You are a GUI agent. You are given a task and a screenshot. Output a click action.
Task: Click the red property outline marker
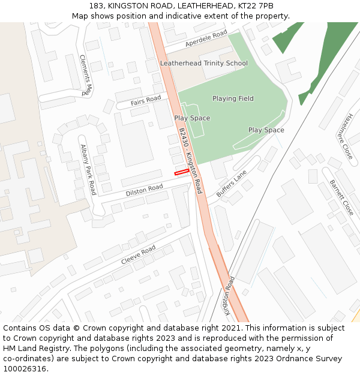click(181, 172)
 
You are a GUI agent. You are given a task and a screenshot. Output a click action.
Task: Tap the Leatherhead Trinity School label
click(203, 63)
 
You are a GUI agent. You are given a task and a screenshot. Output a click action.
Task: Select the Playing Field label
click(233, 98)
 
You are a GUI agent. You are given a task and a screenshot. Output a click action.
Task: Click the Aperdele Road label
click(206, 38)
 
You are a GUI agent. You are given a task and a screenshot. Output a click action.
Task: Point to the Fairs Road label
click(146, 101)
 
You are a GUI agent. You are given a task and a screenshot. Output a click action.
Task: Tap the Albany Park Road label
click(88, 170)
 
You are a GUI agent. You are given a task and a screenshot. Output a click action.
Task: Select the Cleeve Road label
click(138, 255)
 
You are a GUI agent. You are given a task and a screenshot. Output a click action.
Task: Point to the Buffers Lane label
click(232, 184)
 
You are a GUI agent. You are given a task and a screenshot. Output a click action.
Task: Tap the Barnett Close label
click(341, 198)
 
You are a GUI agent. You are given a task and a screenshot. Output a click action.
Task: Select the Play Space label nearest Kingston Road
click(192, 118)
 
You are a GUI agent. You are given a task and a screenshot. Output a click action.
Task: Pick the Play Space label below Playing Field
click(266, 130)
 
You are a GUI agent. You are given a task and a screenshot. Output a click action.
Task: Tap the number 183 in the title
click(97, 5)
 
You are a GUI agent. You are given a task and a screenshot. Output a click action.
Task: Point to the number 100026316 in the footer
click(25, 368)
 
